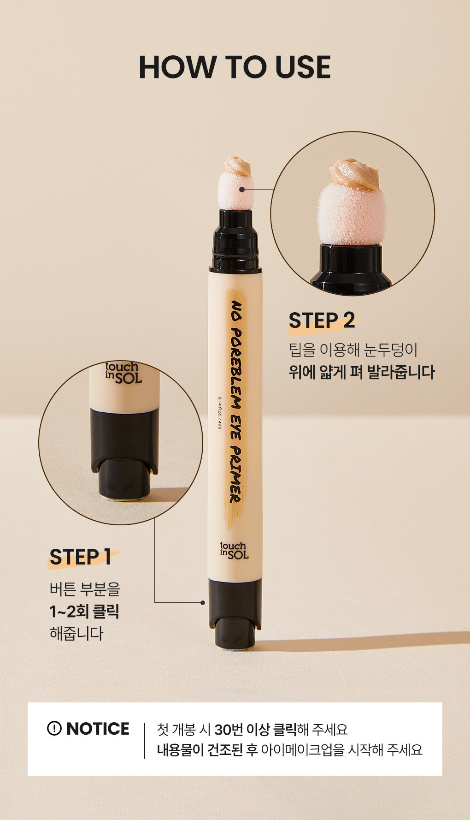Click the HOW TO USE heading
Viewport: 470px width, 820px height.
pos(235,67)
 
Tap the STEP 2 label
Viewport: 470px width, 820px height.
pos(322,321)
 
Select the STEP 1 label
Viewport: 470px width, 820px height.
pos(80,557)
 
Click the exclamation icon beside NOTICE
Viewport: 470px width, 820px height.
pos(54,728)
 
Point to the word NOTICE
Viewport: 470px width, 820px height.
pos(98,729)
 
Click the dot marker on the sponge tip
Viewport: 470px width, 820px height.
pos(242,189)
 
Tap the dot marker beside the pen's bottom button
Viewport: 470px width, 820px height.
pos(202,602)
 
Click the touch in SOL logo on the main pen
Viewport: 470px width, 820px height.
pos(234,550)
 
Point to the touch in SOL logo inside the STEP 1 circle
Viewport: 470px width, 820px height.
pos(123,373)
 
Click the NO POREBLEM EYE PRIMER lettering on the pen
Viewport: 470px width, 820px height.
pos(236,401)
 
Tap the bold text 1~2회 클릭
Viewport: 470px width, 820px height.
pos(84,612)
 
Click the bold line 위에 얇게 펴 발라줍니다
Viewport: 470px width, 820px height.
pos(362,372)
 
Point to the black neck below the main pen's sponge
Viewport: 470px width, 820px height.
pos(235,239)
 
